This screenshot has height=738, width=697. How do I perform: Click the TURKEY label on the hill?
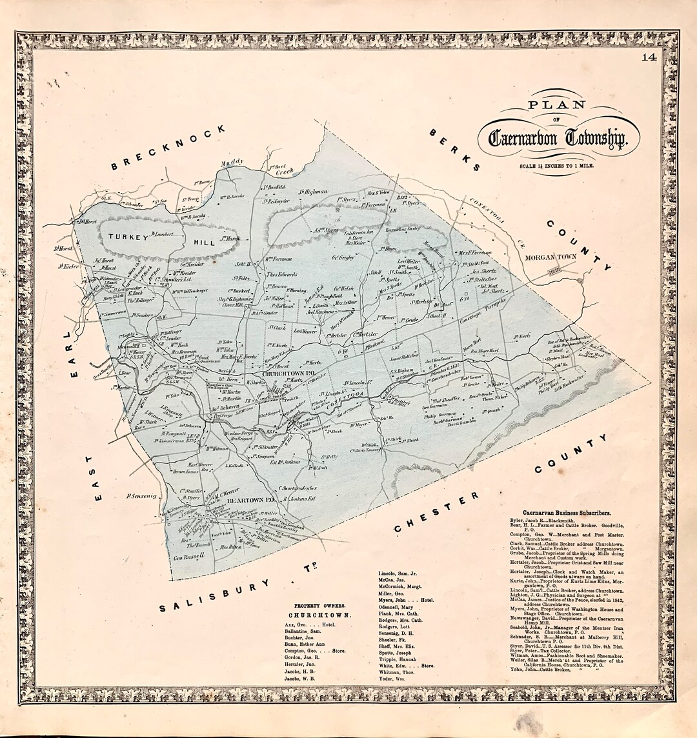pos(128,237)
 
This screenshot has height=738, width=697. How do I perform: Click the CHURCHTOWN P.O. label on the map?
pos(288,374)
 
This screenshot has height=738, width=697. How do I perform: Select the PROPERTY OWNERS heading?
pos(319,606)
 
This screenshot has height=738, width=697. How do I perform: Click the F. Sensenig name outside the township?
pos(141,496)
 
